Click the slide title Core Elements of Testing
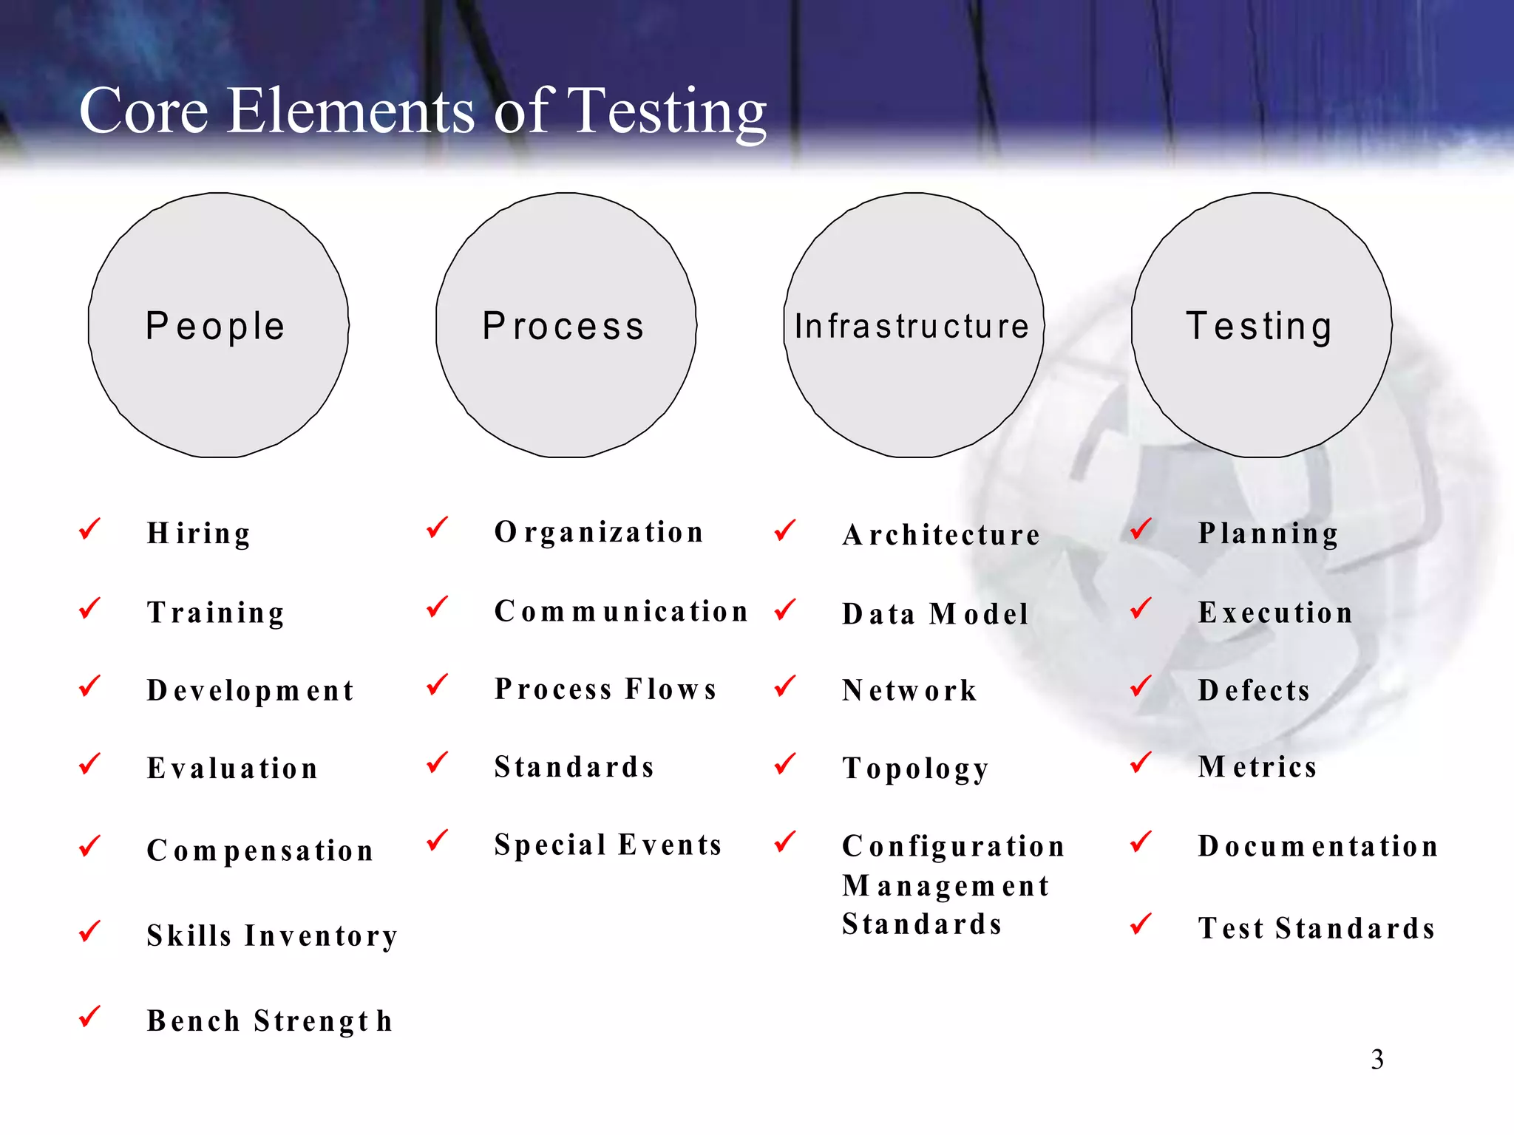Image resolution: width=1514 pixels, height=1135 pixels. pos(422,111)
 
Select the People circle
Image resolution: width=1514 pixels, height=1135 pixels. pos(218,325)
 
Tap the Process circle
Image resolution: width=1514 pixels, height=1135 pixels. pos(566,325)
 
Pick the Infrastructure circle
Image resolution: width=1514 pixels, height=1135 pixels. pos(913,325)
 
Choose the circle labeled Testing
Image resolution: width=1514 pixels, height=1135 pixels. pos(1261,325)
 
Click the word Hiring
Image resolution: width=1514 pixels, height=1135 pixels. pos(199,534)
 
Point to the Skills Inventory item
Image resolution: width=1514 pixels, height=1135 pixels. pos(272,935)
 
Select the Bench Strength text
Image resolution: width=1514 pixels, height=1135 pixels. pos(270,1021)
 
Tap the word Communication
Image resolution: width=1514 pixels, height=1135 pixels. pos(622,611)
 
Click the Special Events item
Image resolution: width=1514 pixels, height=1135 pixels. pos(608,845)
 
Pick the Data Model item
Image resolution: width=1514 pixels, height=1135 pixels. pos(935,614)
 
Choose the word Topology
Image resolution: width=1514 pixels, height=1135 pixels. pos(915,768)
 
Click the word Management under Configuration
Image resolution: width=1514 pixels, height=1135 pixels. pos(946,885)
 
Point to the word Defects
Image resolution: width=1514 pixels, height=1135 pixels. pos(1254,690)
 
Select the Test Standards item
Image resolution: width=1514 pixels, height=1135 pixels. pos(1317,928)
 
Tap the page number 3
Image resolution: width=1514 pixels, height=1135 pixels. pos(1376,1060)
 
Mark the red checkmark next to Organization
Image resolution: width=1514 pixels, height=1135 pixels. pos(438,528)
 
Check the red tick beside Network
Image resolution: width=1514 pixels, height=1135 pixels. pos(785,686)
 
